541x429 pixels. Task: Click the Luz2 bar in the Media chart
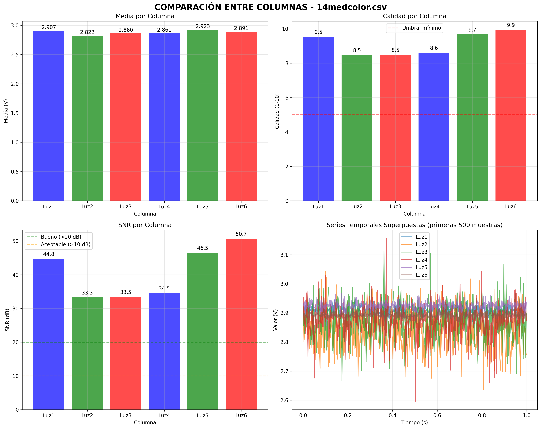[x=87, y=118]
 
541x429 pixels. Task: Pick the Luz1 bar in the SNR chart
[x=49, y=334]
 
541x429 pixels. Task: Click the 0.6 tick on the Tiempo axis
[x=437, y=415]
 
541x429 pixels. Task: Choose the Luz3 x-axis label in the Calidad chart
[x=395, y=207]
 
